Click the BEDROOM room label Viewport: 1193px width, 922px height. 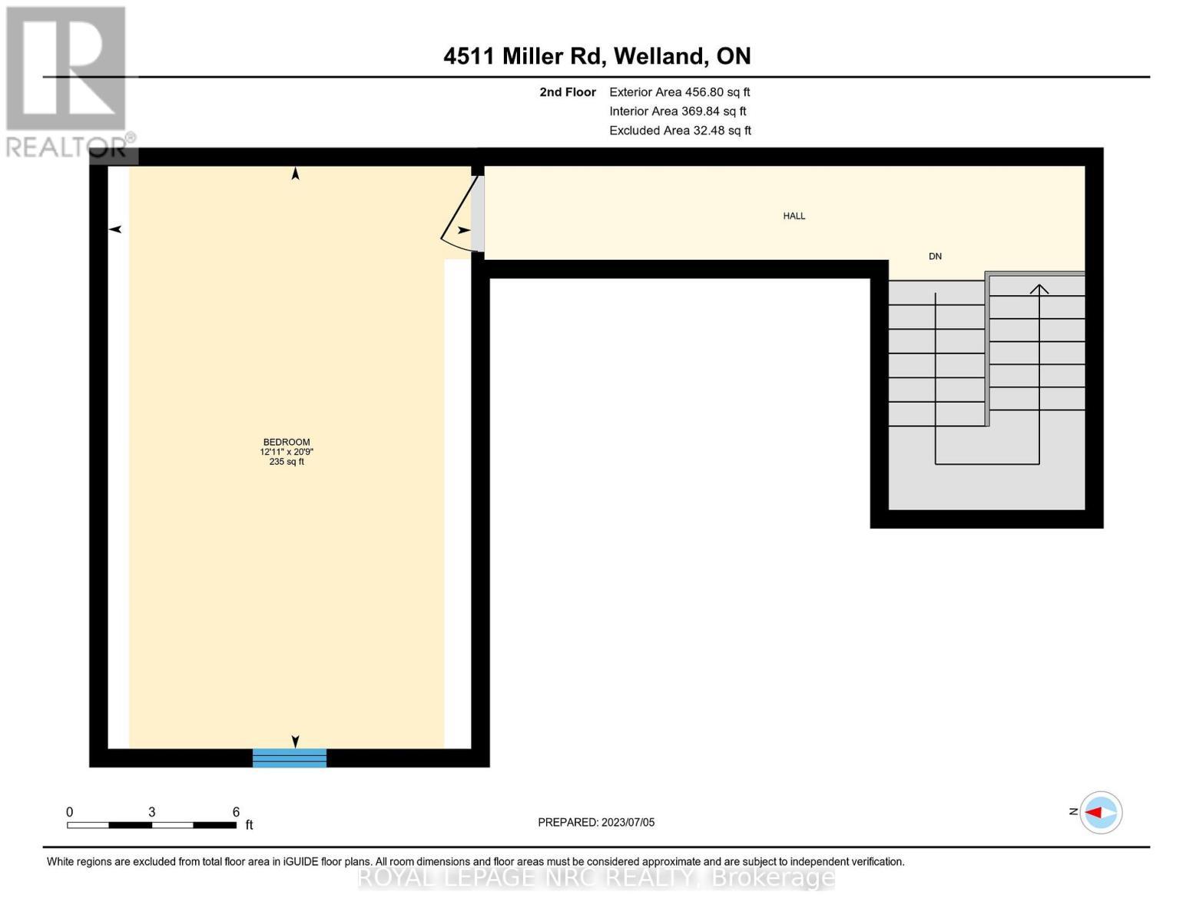(287, 442)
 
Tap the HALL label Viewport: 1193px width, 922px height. (794, 216)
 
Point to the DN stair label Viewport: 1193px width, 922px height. (935, 257)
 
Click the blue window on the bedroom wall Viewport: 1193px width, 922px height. (290, 758)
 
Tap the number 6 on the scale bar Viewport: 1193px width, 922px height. (236, 812)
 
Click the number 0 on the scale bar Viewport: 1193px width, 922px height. (70, 812)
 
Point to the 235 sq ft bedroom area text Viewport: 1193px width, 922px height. (287, 462)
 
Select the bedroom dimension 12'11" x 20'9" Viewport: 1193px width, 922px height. (287, 452)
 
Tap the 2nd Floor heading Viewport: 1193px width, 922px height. (568, 92)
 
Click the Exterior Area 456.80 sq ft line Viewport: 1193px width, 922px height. (679, 92)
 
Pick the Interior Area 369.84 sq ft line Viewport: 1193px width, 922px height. (678, 111)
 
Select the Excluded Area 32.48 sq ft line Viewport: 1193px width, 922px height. (680, 131)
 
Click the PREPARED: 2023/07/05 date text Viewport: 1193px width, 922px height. (596, 822)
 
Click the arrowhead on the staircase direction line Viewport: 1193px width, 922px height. (1039, 289)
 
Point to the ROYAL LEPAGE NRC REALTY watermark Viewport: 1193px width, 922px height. (596, 877)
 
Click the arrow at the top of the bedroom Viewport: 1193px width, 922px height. (295, 174)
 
